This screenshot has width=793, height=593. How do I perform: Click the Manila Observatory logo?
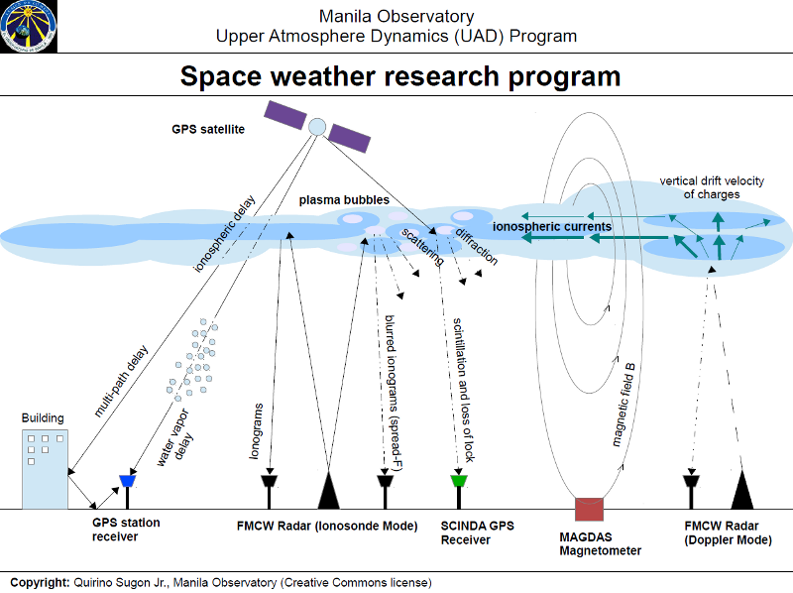pos(29,27)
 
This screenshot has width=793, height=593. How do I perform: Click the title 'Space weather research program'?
pos(399,76)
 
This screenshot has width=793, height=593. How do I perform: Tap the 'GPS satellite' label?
pos(207,129)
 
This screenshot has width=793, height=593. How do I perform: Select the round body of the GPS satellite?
pos(317,126)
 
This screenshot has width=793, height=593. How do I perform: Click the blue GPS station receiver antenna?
pos(127,482)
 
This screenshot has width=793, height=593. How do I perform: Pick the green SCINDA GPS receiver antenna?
pos(458,482)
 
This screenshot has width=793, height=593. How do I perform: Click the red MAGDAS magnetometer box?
pos(589,509)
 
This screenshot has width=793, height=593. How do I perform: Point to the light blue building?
pos(45,467)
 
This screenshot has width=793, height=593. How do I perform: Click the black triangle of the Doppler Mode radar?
pos(743,490)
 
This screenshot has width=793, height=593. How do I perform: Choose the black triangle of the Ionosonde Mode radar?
pos(328,490)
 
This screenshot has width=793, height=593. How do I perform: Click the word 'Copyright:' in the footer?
pos(39,582)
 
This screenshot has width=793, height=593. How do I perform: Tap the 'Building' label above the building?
pos(43,418)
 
